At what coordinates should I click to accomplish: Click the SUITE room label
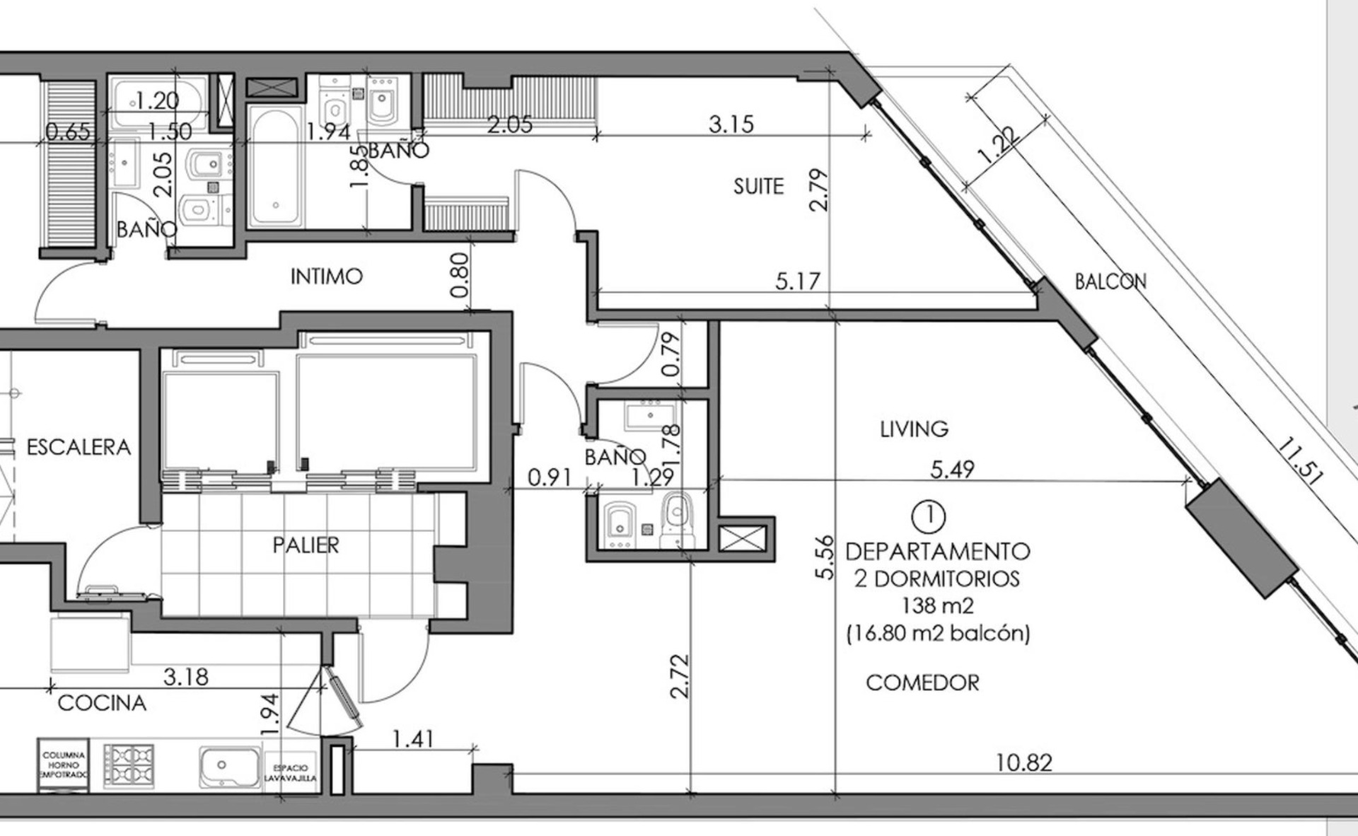point(758,186)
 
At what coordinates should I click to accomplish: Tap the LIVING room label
point(914,429)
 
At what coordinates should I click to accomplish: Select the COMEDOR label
point(923,683)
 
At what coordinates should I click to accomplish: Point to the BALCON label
point(1110,281)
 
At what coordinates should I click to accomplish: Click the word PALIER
point(306,545)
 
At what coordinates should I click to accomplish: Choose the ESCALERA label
point(79,447)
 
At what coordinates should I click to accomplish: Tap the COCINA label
point(102,703)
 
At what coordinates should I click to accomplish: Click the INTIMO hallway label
point(327,277)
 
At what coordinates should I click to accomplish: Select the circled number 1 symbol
point(929,516)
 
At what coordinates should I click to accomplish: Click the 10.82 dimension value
point(1023,762)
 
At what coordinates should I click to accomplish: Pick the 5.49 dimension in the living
point(952,469)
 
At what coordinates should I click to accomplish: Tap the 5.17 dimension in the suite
point(798,281)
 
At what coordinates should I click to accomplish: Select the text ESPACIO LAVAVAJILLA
point(291,773)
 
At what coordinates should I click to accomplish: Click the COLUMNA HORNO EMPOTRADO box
point(64,765)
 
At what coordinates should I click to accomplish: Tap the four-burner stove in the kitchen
point(129,766)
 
